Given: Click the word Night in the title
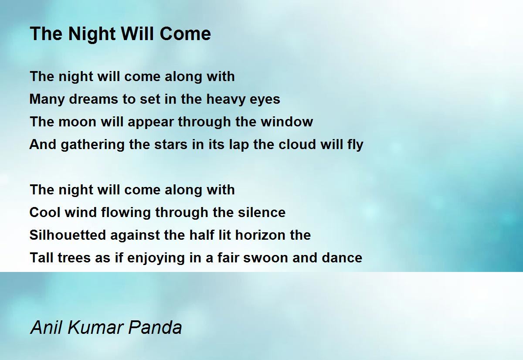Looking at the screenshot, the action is [x=92, y=34].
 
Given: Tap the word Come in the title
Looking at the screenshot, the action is [x=185, y=34].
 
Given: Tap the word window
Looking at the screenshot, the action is [x=287, y=122].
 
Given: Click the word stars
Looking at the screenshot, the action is [x=171, y=145].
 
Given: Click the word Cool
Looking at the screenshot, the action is [x=45, y=212].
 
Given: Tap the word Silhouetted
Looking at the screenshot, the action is [x=68, y=235].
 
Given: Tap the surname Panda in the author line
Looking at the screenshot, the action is [x=155, y=327].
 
